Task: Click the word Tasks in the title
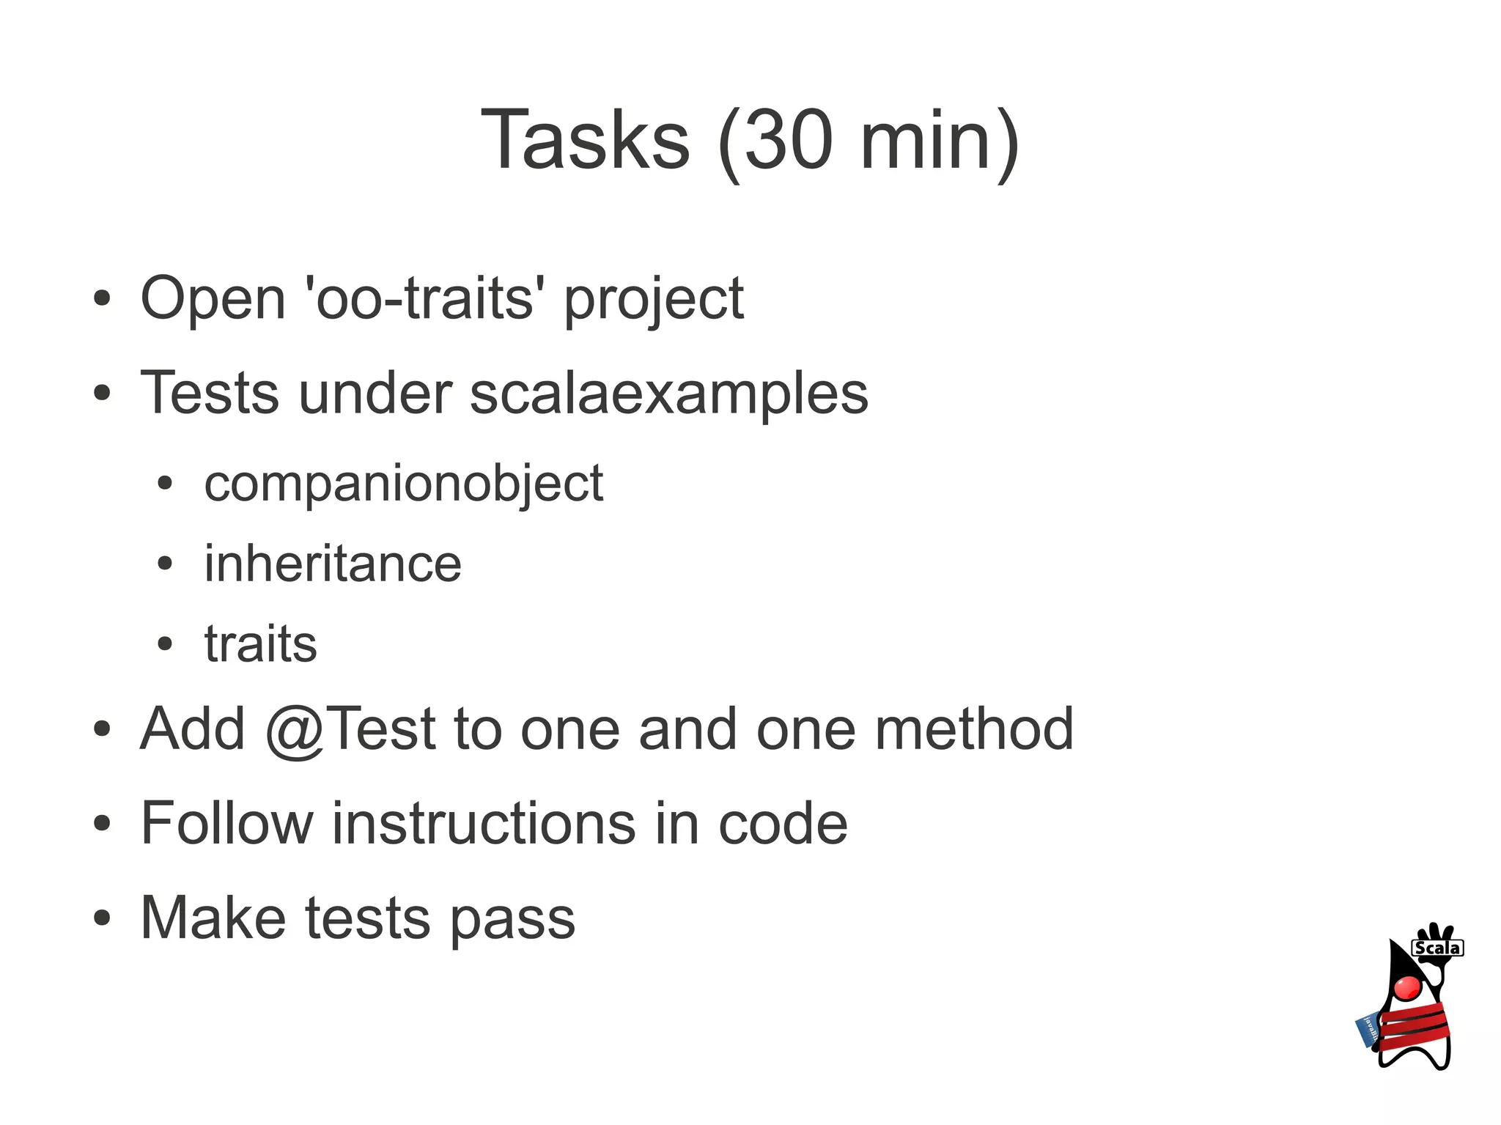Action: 585,140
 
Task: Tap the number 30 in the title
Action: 788,140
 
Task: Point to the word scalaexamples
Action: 668,394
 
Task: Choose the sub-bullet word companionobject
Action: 403,484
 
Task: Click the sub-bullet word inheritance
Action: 333,564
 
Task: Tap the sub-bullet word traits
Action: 260,644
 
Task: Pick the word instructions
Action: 484,824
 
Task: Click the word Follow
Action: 226,824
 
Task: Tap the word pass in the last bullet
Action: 512,919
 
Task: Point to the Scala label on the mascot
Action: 1437,948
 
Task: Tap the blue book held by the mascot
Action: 1368,1030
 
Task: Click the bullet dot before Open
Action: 102,299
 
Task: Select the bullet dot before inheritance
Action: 165,564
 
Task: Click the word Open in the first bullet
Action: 213,299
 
